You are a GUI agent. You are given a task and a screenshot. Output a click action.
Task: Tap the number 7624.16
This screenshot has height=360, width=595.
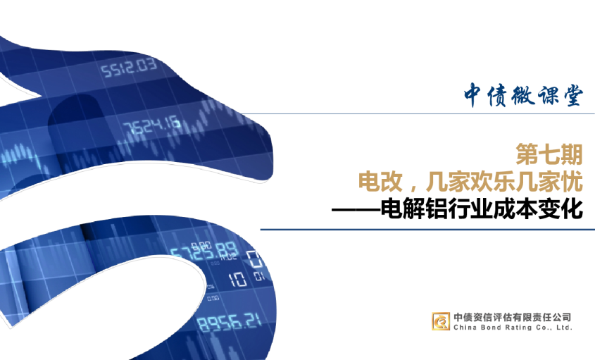(151, 125)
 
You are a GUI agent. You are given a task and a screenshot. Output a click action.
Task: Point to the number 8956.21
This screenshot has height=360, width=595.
(229, 323)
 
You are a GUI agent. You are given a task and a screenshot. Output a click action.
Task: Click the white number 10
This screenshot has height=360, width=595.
(237, 279)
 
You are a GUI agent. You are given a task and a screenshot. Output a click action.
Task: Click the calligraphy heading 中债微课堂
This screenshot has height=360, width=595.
(522, 95)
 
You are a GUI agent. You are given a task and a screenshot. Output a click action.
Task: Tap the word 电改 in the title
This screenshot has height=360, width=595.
(380, 182)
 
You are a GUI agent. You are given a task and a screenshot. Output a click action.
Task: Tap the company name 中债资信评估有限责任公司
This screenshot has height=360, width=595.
(513, 317)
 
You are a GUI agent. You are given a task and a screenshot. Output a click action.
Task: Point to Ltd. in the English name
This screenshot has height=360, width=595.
(565, 328)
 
